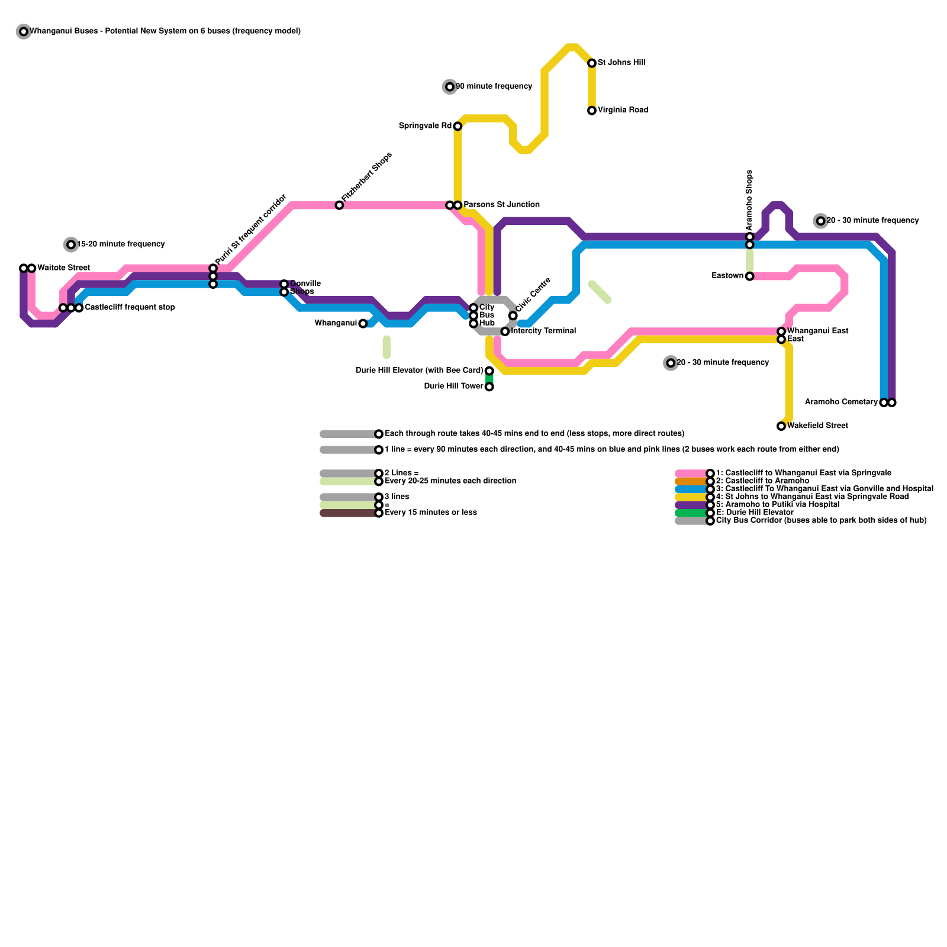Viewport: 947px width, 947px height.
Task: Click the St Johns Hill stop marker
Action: [592, 63]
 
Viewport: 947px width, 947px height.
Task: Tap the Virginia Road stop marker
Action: [592, 111]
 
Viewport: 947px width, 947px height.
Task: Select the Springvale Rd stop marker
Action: [458, 126]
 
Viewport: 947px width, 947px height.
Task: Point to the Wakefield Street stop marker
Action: [781, 426]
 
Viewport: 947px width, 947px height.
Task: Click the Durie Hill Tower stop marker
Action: [489, 387]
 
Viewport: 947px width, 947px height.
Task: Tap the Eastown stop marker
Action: [749, 276]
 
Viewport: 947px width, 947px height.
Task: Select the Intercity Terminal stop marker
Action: [505, 331]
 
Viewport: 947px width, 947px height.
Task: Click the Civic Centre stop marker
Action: [513, 315]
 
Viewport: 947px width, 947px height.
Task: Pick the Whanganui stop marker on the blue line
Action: [363, 324]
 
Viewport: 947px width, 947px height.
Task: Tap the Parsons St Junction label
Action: [501, 205]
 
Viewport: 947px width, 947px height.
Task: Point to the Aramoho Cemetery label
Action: [841, 402]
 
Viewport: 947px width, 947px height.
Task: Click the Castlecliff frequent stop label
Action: [130, 308]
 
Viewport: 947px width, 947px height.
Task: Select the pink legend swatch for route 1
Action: [691, 474]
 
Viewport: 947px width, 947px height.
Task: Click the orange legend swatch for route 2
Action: [691, 481]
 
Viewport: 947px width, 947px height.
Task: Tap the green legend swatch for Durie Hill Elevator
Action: [691, 513]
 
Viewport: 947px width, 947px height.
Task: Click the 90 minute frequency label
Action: [494, 86]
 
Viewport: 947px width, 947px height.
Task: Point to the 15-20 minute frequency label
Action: [121, 244]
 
